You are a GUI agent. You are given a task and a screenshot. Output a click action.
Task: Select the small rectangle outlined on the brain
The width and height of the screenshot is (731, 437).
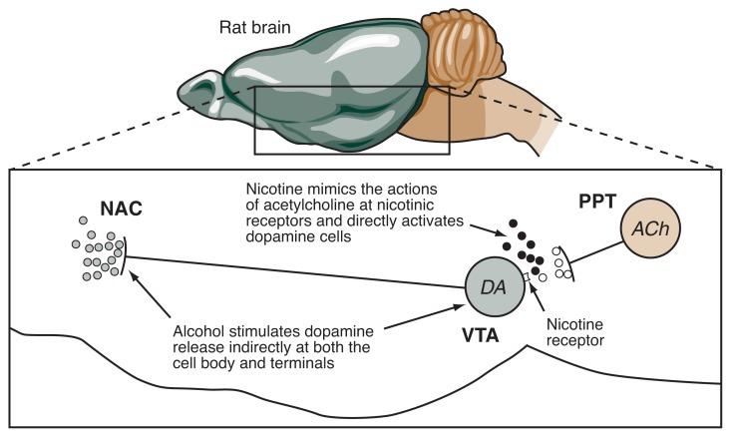pyautogui.click(x=352, y=121)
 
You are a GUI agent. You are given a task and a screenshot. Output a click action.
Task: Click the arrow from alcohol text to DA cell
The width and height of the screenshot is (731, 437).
pyautogui.click(x=419, y=317)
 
